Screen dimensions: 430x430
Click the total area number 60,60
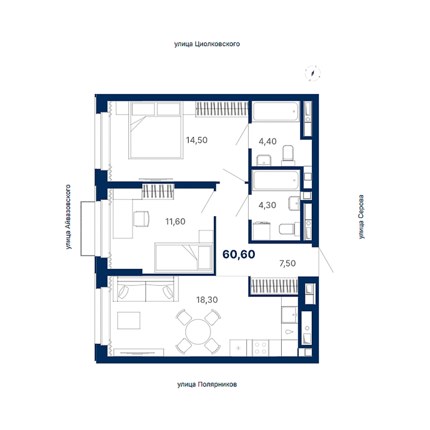coord(239,255)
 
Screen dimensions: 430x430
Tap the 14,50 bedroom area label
coord(197,140)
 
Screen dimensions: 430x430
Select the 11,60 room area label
coord(175,221)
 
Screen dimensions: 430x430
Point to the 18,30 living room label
coord(207,300)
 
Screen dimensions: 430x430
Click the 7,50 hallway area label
coord(287,263)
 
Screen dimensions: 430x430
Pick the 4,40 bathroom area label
coord(268,141)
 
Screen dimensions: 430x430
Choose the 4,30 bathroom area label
coord(267,205)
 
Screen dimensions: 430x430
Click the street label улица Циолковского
coord(207,44)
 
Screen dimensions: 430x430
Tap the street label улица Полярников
coord(207,385)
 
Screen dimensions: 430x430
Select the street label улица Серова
coord(362,217)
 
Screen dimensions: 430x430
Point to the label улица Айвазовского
coord(68,217)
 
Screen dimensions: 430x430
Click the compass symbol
coord(312,73)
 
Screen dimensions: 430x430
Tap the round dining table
coord(198,332)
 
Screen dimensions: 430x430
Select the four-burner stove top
coord(260,348)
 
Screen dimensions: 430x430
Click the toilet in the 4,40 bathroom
coord(288,153)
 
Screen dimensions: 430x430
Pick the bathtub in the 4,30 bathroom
coord(276,180)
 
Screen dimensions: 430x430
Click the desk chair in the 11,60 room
coord(141,219)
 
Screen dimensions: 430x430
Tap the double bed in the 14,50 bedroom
coord(156,130)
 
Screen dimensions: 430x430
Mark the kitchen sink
coord(289,315)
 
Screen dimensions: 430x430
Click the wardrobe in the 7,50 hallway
coord(274,286)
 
